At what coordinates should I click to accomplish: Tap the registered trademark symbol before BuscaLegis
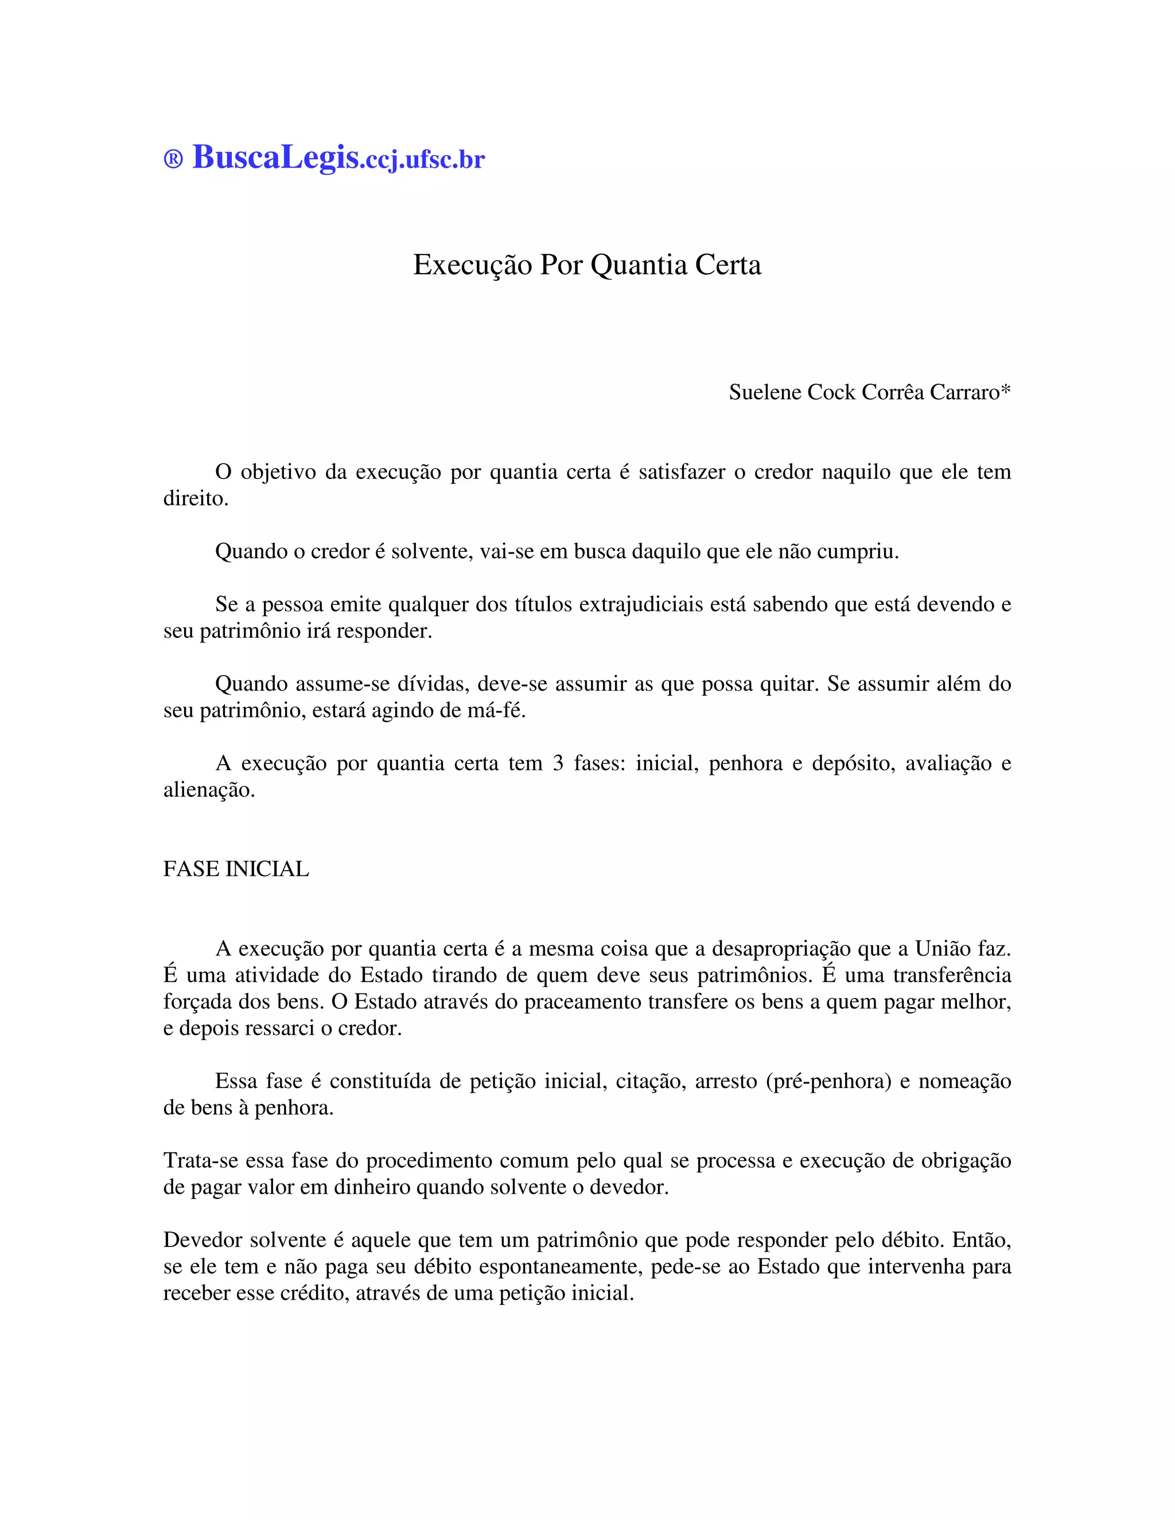[173, 159]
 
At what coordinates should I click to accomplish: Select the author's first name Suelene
[765, 392]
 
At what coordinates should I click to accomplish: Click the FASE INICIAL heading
[236, 869]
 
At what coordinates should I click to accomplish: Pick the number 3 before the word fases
[558, 763]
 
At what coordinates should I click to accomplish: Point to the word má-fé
[497, 711]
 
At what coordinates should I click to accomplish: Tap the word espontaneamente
[550, 1266]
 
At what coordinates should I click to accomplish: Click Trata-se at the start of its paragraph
[201, 1160]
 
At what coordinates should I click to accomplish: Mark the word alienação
[209, 790]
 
